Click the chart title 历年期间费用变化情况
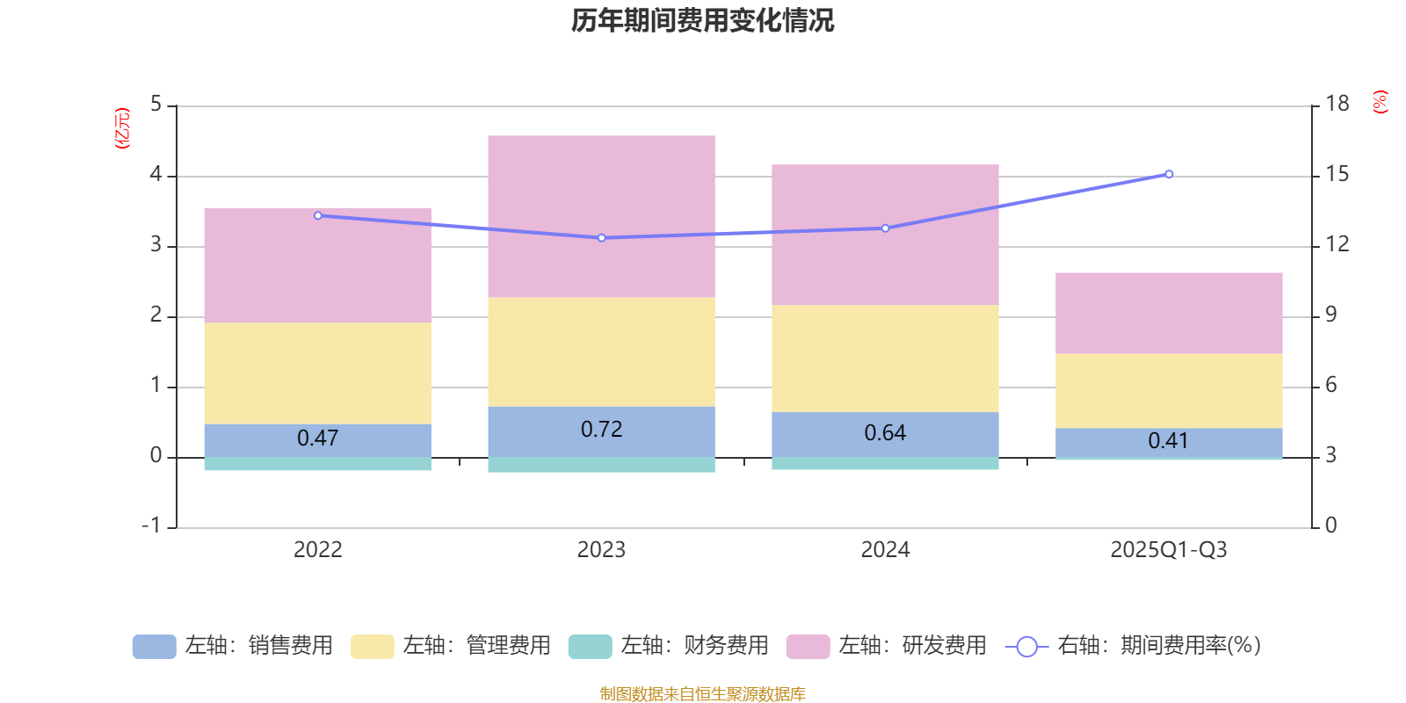(702, 21)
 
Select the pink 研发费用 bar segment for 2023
(601, 216)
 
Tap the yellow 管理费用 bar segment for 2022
(317, 373)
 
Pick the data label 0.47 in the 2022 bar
(317, 438)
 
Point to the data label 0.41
(1168, 440)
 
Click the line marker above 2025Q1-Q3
(1169, 174)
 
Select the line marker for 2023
(601, 237)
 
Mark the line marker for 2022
(318, 215)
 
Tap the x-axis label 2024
(885, 550)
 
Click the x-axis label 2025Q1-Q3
(1168, 550)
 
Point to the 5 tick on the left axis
(156, 105)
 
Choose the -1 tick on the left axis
(151, 525)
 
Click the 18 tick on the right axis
(1337, 105)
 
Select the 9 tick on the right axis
(1330, 315)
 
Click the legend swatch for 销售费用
(154, 647)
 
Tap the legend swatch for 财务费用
(590, 647)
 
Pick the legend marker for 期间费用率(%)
(1026, 647)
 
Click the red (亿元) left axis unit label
(122, 128)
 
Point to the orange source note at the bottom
(702, 693)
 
